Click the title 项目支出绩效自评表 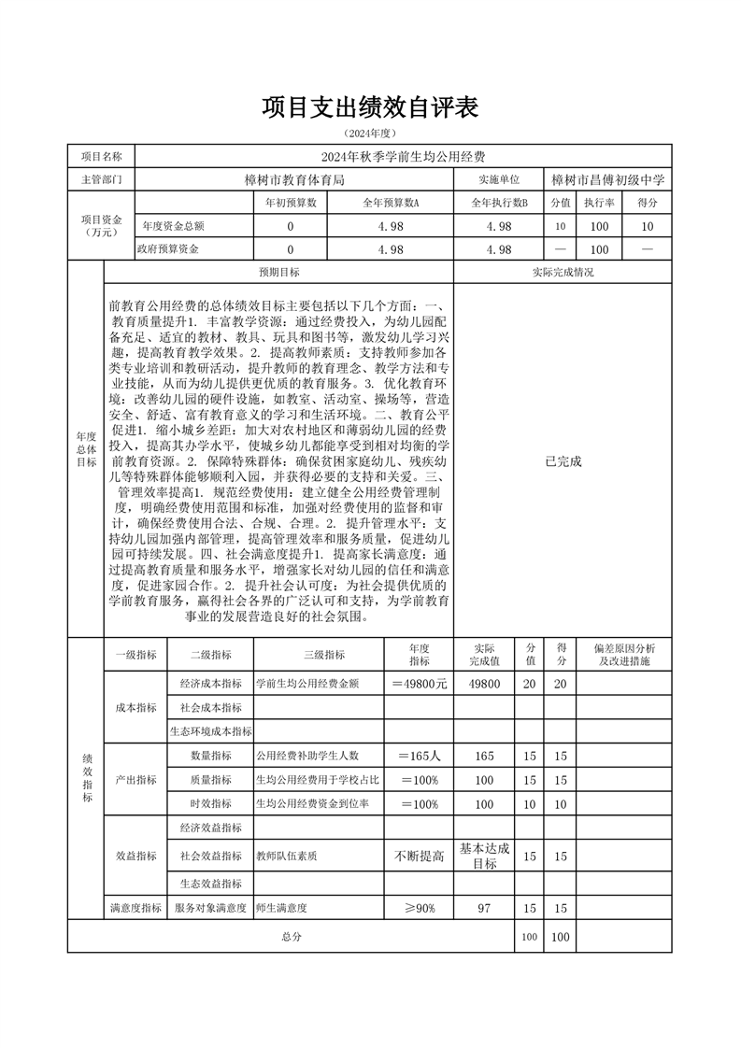[x=370, y=107]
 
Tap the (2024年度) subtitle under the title [x=370, y=134]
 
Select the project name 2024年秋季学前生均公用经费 [x=403, y=156]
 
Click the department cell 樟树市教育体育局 [x=294, y=179]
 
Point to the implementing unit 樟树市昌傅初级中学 [x=607, y=179]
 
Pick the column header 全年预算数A [x=391, y=203]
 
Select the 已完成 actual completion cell [x=563, y=460]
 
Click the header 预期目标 [x=278, y=273]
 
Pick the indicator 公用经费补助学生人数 [x=307, y=755]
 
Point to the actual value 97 [x=484, y=907]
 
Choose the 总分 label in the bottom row [x=290, y=935]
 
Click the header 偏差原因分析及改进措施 [x=625, y=655]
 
